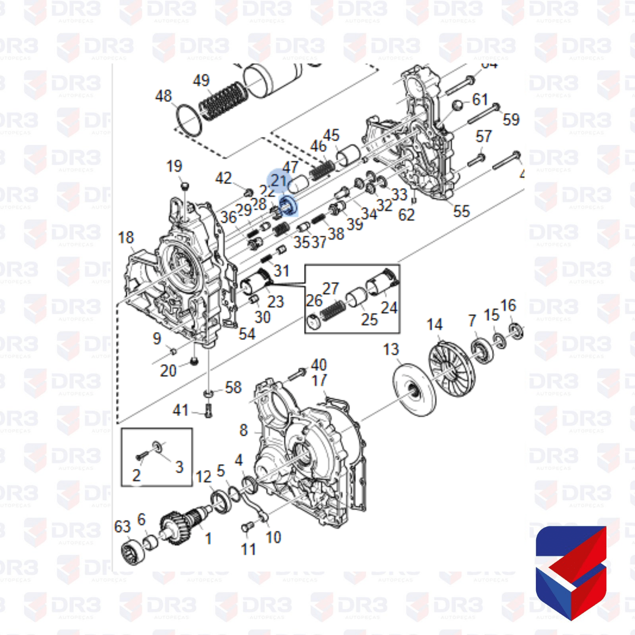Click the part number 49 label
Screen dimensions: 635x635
tap(201, 80)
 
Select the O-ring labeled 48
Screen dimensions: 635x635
tap(189, 121)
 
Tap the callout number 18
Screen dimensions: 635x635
tap(126, 237)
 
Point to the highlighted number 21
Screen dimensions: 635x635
tap(279, 181)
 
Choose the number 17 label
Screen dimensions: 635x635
tap(319, 380)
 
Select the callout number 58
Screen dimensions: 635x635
tap(233, 387)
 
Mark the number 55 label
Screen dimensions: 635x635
tap(461, 211)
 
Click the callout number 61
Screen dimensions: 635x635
tap(480, 99)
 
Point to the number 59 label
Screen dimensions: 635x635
tap(511, 119)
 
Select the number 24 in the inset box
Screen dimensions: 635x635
tap(389, 307)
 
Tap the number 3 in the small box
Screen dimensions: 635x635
tap(179, 466)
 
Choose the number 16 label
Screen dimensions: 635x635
tap(508, 305)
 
